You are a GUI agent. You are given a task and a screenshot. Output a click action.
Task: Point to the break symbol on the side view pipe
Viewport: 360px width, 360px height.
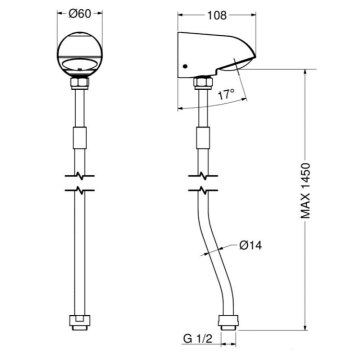click(x=203, y=185)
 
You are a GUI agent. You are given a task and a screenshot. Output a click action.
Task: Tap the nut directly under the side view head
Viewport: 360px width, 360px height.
click(x=203, y=82)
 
